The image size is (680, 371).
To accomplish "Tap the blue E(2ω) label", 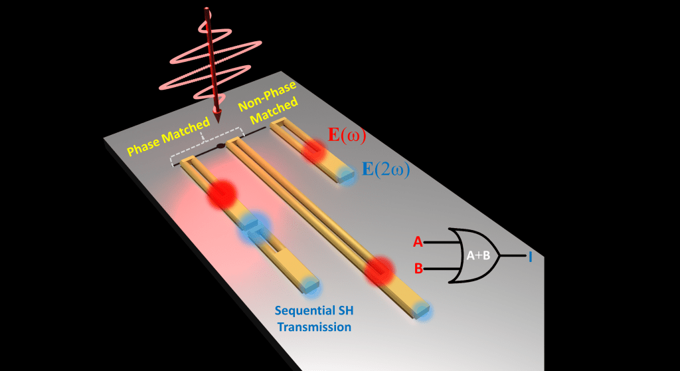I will [385, 170].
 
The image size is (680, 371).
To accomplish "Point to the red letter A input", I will [418, 242].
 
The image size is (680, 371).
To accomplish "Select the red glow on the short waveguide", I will [314, 152].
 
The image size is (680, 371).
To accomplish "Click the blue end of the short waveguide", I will [345, 174].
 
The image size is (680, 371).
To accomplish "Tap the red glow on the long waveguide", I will [379, 271].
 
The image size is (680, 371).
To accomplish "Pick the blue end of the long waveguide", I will [422, 310].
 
